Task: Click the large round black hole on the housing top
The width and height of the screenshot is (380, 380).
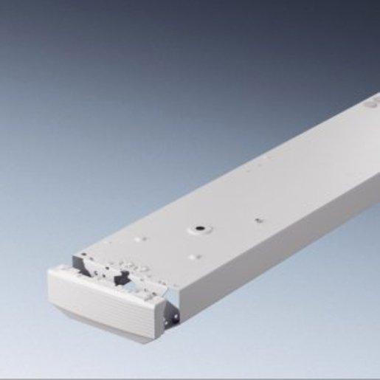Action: [199, 229]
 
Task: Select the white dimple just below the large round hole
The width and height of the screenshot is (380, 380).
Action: [193, 255]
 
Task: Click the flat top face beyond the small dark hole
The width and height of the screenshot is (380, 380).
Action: [295, 184]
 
